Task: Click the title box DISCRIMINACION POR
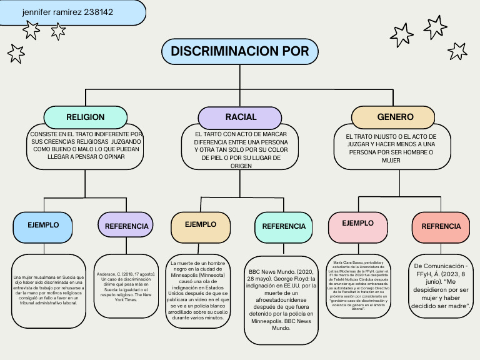click(x=240, y=51)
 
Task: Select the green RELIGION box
click(x=85, y=117)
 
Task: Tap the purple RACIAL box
click(x=240, y=117)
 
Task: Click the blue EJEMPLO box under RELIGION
click(x=43, y=225)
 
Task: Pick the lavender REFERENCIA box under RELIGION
click(x=126, y=226)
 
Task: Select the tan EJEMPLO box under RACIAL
click(x=201, y=225)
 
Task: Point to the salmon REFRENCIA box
click(x=441, y=226)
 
